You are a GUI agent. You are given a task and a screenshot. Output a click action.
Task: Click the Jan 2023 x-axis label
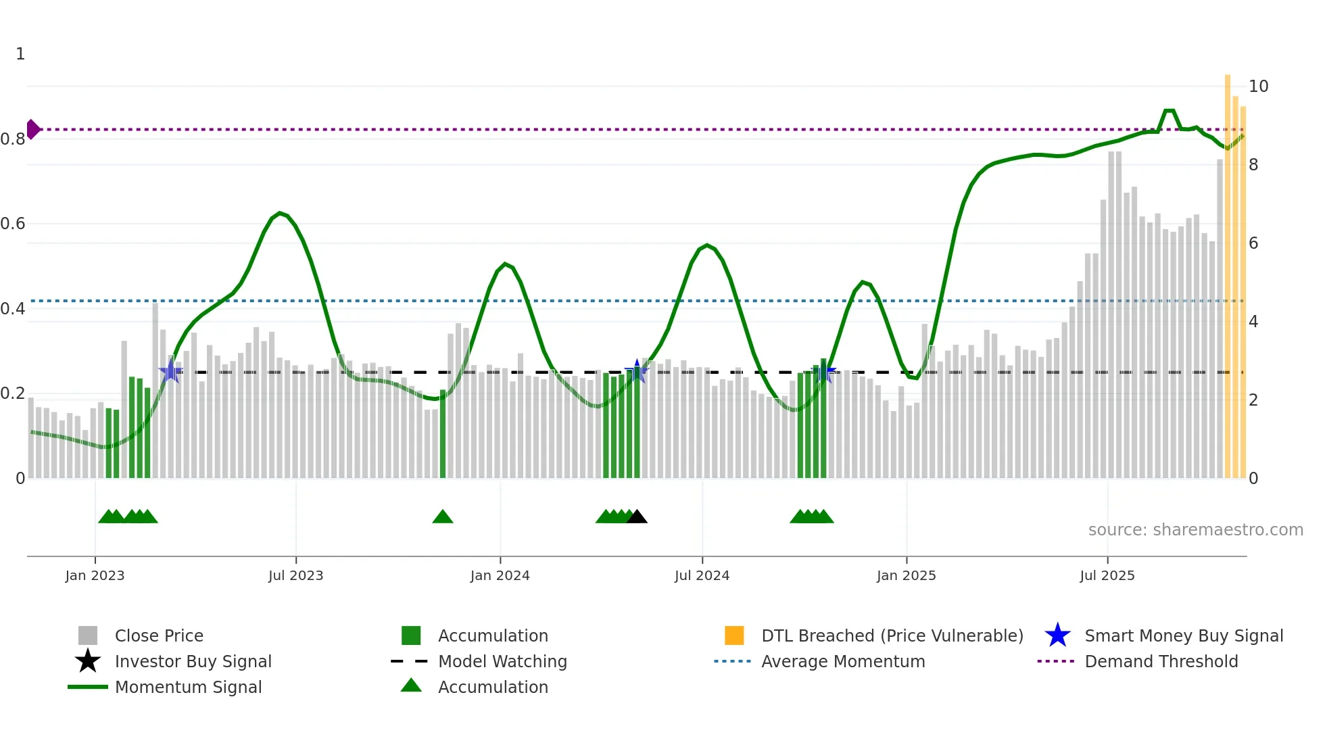tap(95, 575)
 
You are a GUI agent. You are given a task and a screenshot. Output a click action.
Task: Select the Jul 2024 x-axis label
tap(702, 575)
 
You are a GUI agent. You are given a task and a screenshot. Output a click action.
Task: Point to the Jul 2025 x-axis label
tap(1107, 575)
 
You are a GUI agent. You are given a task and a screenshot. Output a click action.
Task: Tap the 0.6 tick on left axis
tap(13, 224)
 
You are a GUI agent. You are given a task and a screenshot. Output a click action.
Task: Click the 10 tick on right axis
tap(1258, 87)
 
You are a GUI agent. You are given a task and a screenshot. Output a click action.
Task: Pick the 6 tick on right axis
tap(1253, 243)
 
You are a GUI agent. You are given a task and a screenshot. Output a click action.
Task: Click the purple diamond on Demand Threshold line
tap(33, 129)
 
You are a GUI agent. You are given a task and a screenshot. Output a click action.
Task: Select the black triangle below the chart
tap(637, 517)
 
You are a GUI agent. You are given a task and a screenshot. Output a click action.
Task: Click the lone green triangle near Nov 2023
tap(443, 517)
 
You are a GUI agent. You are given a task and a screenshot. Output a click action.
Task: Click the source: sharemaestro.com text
tap(1195, 530)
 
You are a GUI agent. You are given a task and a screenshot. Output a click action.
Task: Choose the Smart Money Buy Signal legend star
tap(1057, 635)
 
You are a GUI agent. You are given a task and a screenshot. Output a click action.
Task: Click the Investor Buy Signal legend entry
tap(193, 661)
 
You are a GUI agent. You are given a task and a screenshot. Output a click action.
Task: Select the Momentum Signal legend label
tap(188, 687)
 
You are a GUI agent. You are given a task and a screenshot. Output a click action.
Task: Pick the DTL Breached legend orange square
tap(734, 635)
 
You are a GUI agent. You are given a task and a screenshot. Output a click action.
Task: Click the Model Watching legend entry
tap(502, 661)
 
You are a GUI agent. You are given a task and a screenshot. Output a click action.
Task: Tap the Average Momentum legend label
tap(843, 661)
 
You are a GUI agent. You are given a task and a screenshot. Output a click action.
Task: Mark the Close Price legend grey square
tap(88, 635)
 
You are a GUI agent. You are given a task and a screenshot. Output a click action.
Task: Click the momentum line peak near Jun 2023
tap(280, 214)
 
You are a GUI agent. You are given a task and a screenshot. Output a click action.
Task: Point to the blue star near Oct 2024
tap(824, 371)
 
